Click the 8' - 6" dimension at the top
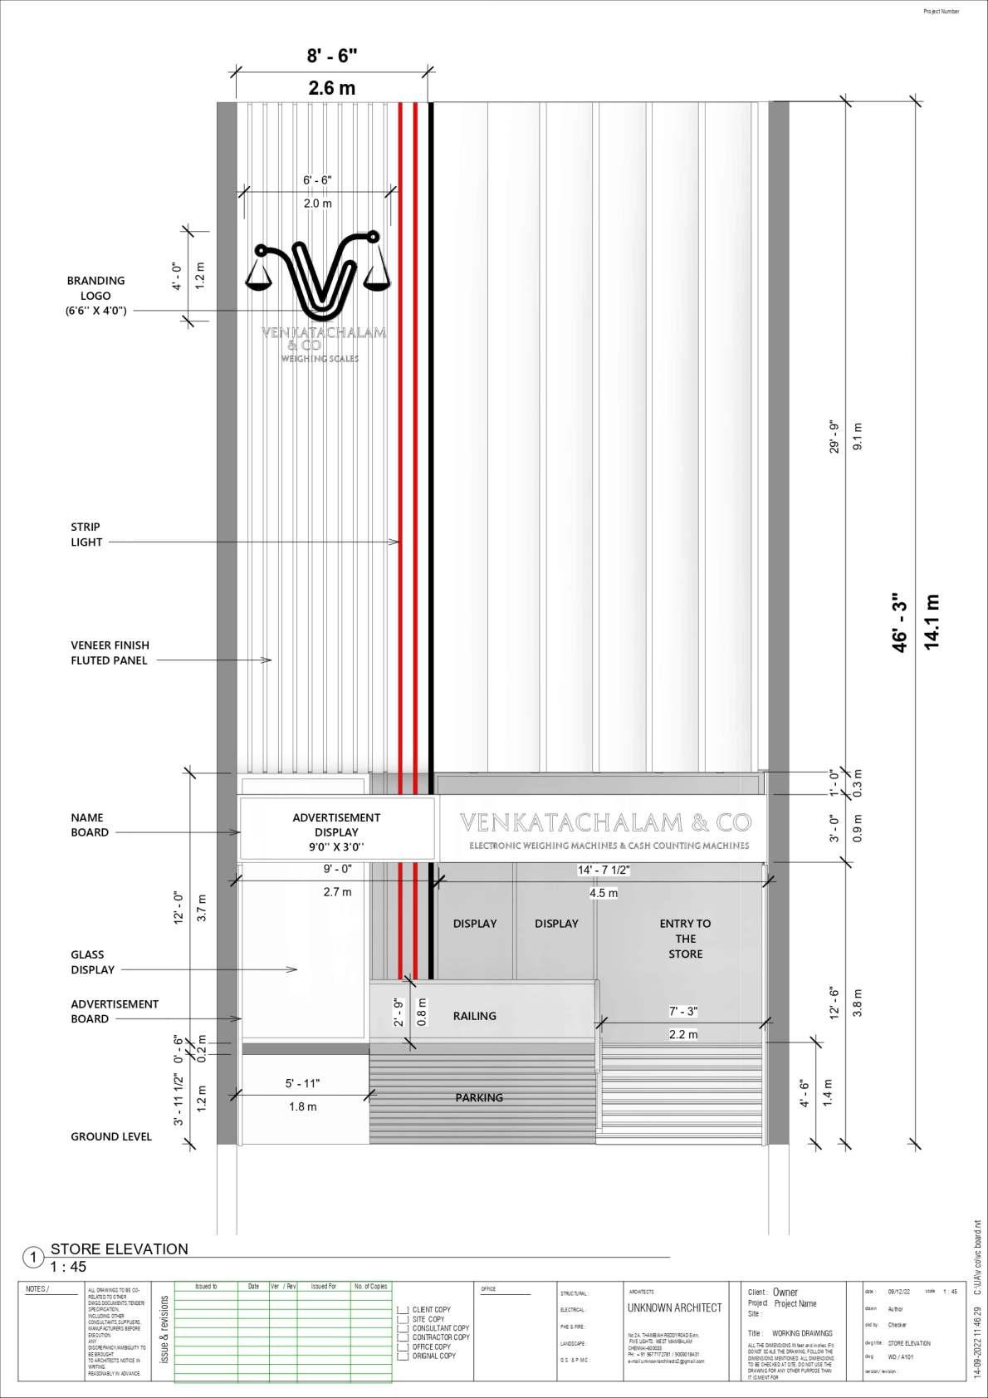(331, 56)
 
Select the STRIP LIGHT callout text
(86, 534)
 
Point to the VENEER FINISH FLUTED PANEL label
(110, 652)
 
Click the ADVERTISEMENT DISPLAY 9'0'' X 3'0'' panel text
(336, 831)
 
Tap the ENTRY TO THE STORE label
(685, 939)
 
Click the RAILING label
(475, 1016)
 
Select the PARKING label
(479, 1097)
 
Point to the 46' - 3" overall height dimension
(900, 622)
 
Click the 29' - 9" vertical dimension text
(834, 436)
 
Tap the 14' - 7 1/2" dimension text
(604, 870)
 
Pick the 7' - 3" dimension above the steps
(683, 1011)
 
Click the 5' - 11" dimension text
(302, 1083)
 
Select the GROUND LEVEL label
(111, 1136)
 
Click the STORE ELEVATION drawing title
(120, 1248)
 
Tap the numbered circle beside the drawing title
(33, 1258)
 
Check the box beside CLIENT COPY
(404, 1310)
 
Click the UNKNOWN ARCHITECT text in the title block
(674, 1307)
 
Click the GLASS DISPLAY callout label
(93, 962)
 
